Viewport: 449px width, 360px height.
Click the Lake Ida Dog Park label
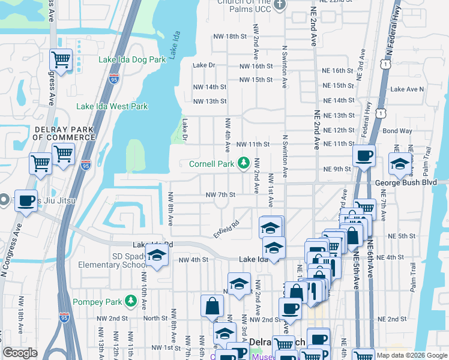point(133,60)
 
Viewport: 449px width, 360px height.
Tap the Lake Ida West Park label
point(112,107)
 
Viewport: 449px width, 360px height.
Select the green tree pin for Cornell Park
point(244,163)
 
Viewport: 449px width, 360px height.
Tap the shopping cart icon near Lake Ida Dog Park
point(61,59)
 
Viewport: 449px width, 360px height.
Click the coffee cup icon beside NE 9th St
point(364,157)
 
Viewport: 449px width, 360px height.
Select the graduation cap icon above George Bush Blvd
point(400,163)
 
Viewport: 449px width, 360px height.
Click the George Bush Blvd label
point(411,182)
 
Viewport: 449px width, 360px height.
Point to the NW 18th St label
point(230,37)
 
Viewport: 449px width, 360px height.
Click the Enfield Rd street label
point(226,228)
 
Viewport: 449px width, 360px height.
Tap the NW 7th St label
point(220,195)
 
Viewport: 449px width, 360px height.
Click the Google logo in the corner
point(20,353)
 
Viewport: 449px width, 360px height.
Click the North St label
point(155,319)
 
